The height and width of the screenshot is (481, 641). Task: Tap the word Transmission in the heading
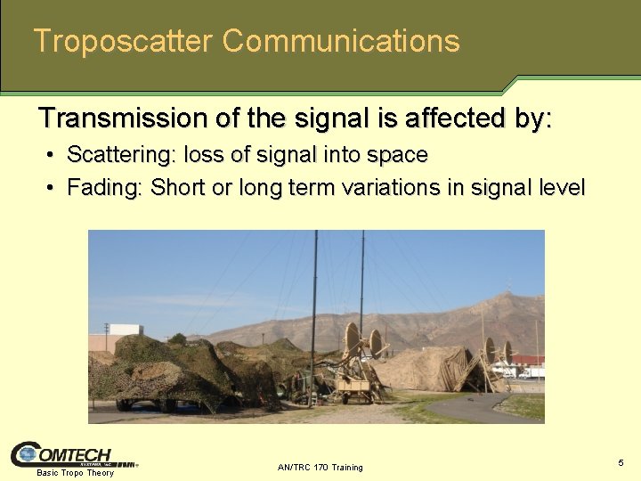[x=120, y=118]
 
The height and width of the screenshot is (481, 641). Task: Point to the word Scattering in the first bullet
[x=122, y=155]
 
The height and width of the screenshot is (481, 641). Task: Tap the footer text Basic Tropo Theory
[x=75, y=473]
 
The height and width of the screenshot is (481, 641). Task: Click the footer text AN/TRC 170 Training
[x=320, y=467]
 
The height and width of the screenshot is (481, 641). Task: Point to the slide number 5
[x=621, y=462]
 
